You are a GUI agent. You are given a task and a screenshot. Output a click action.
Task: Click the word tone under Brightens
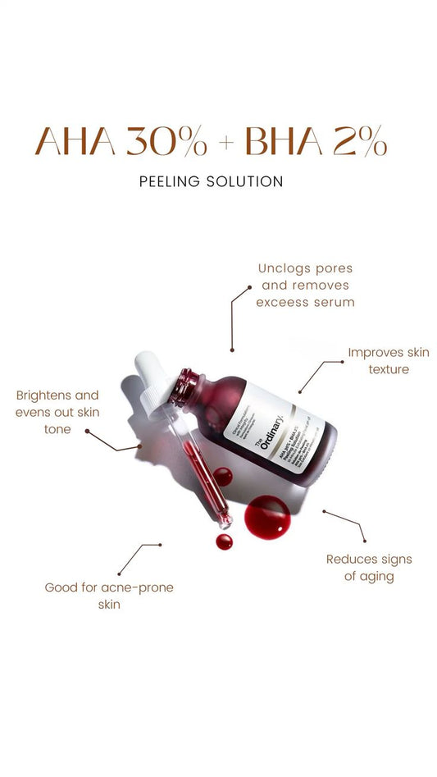[57, 429]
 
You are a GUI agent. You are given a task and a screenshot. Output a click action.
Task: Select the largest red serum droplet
[267, 517]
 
